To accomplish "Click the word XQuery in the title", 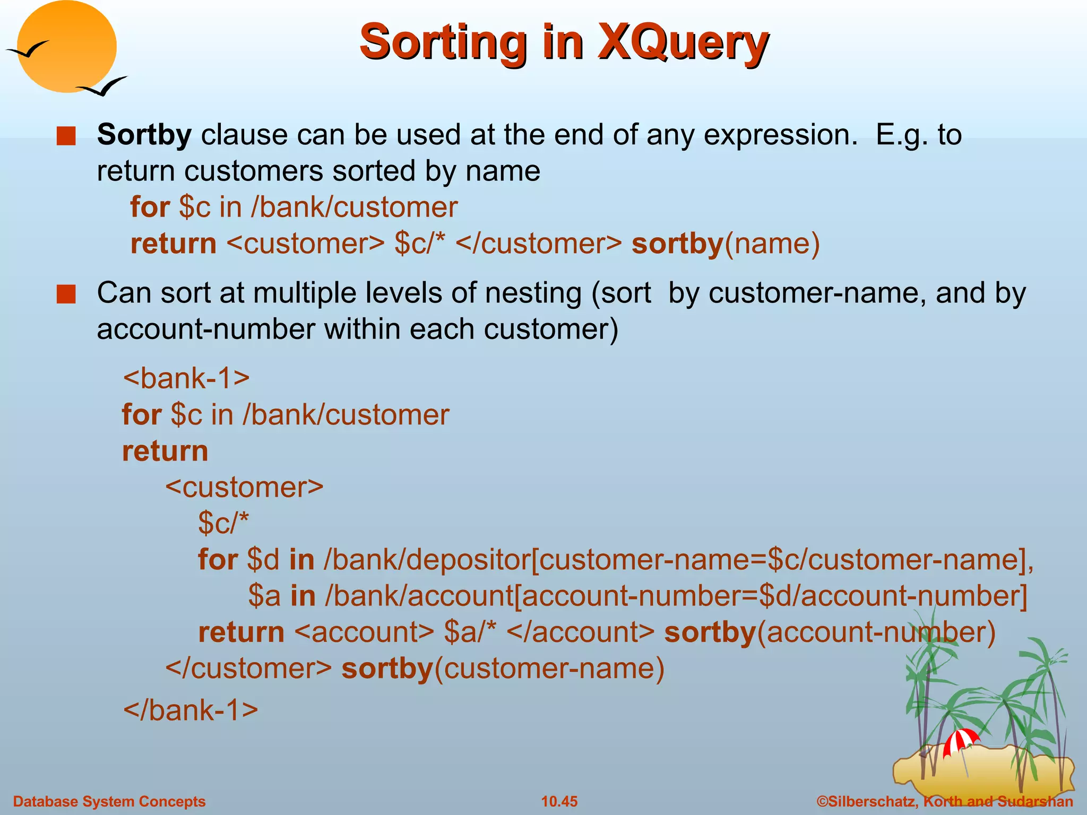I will pyautogui.click(x=683, y=42).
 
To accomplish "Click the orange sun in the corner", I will pyautogui.click(x=66, y=47).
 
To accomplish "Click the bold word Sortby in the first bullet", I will pyautogui.click(x=144, y=135).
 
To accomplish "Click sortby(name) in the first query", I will pyautogui.click(x=725, y=244).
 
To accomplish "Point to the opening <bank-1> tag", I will pyautogui.click(x=186, y=378).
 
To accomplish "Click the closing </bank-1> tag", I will pyautogui.click(x=190, y=709).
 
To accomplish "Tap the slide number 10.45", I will pyautogui.click(x=559, y=801).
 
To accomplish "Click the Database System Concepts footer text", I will pyautogui.click(x=109, y=801).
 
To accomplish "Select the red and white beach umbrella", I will pyautogui.click(x=961, y=741).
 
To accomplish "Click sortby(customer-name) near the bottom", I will pyautogui.click(x=503, y=668).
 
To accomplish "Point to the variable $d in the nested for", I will pyautogui.click(x=263, y=560).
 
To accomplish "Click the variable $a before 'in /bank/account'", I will pyautogui.click(x=264, y=596).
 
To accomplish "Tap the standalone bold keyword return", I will pyautogui.click(x=165, y=451).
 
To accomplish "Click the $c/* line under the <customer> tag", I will pyautogui.click(x=223, y=523).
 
